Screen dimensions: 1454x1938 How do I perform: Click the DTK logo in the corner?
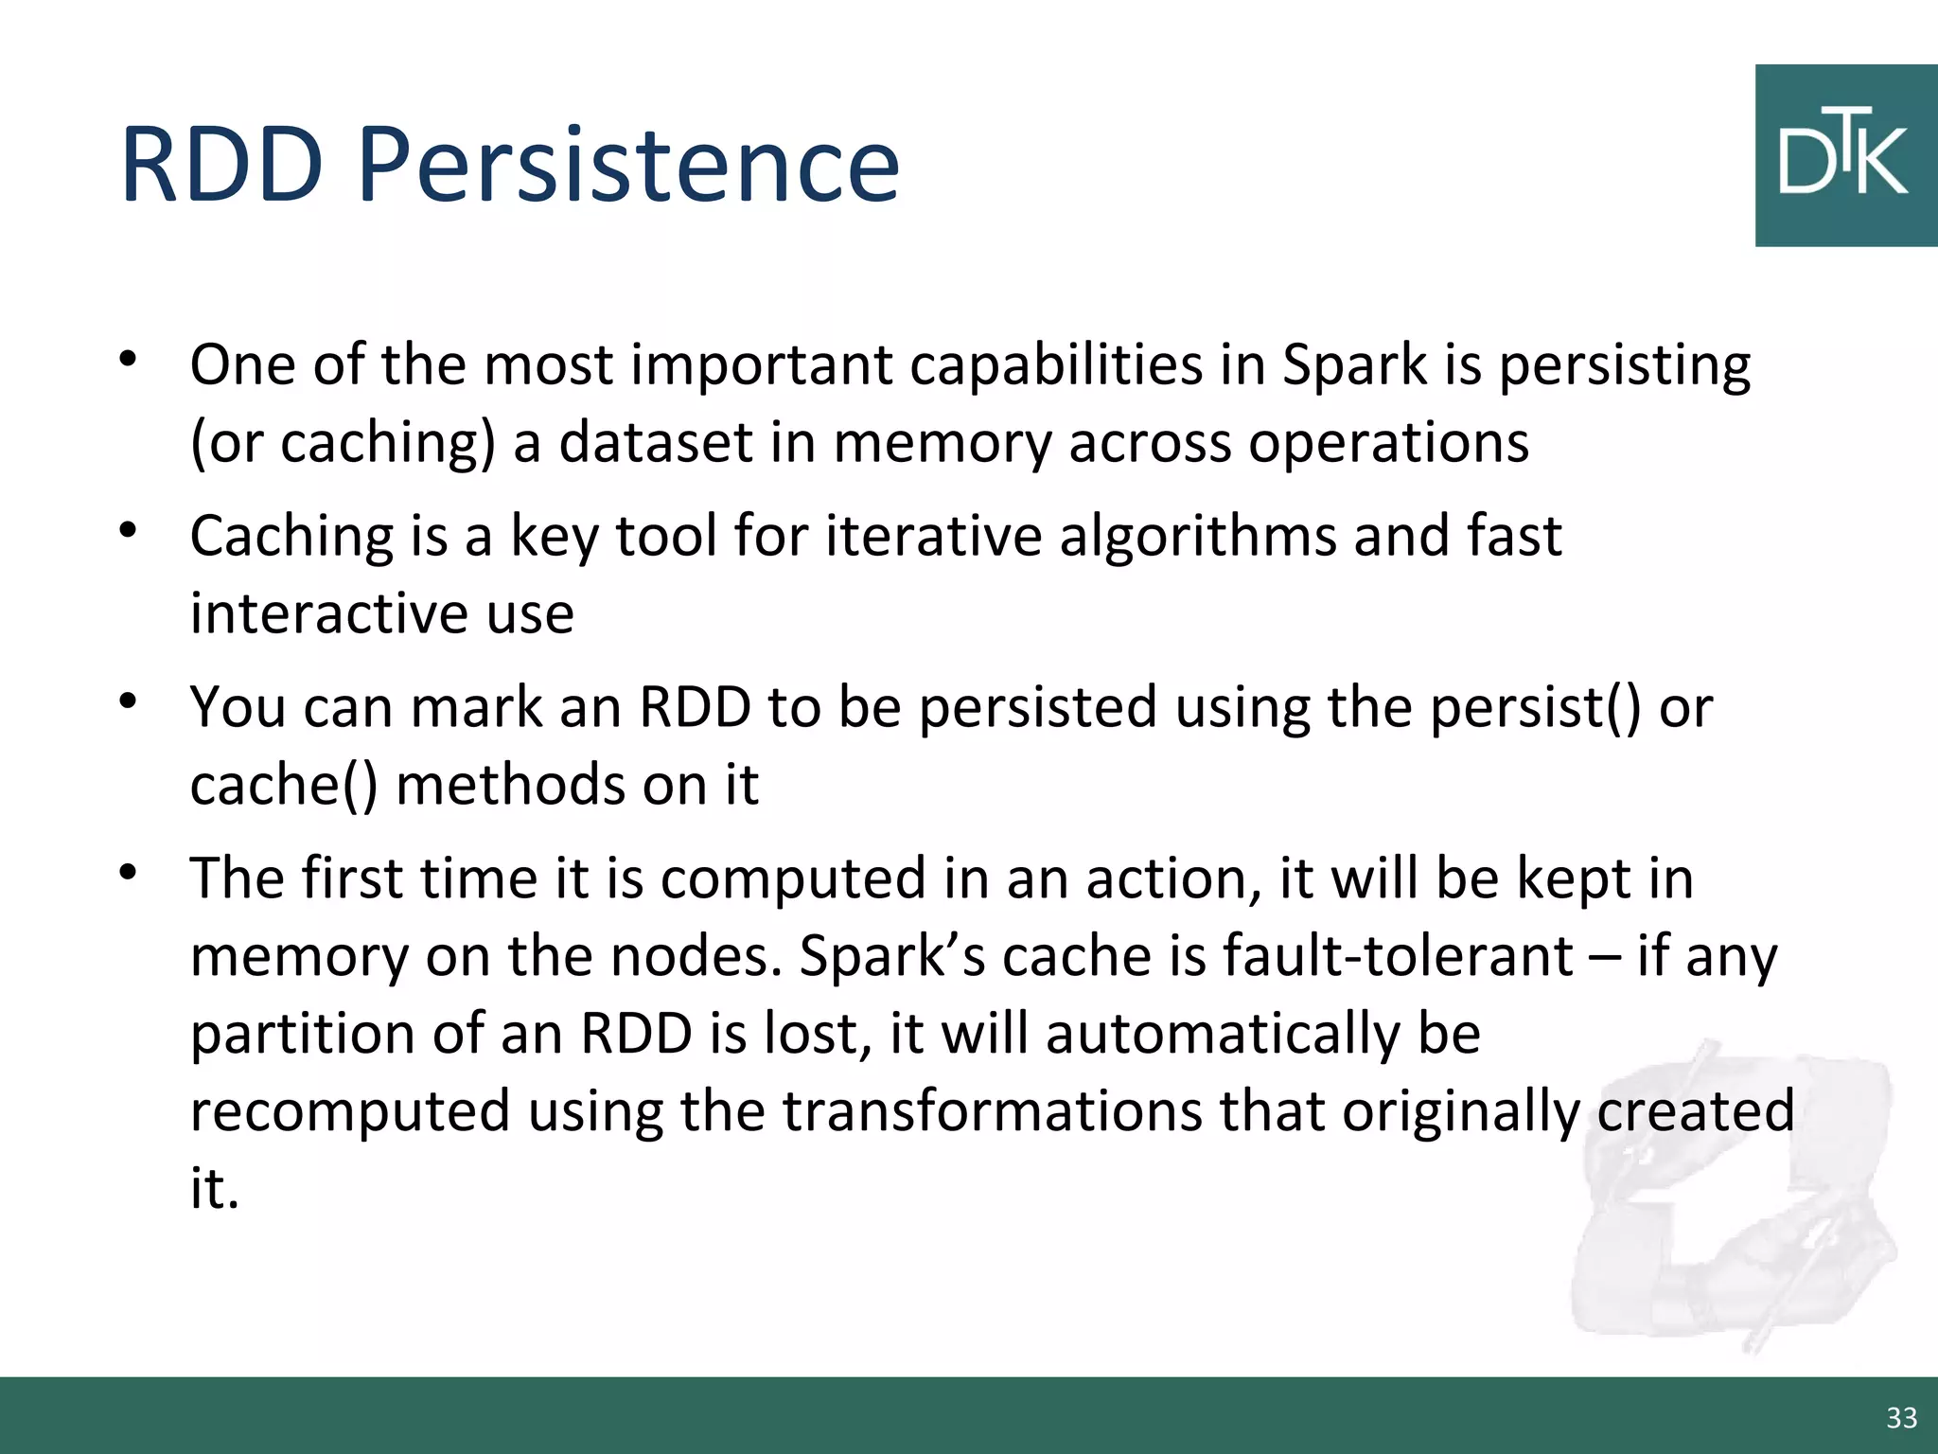tap(1844, 155)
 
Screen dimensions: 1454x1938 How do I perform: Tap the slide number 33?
tap(1901, 1417)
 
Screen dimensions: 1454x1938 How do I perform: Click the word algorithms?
tap(1197, 537)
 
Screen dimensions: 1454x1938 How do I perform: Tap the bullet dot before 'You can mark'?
tap(129, 701)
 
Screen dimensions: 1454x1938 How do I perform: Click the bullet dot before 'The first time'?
tap(129, 873)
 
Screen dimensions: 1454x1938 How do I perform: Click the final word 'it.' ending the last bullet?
tap(214, 1188)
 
